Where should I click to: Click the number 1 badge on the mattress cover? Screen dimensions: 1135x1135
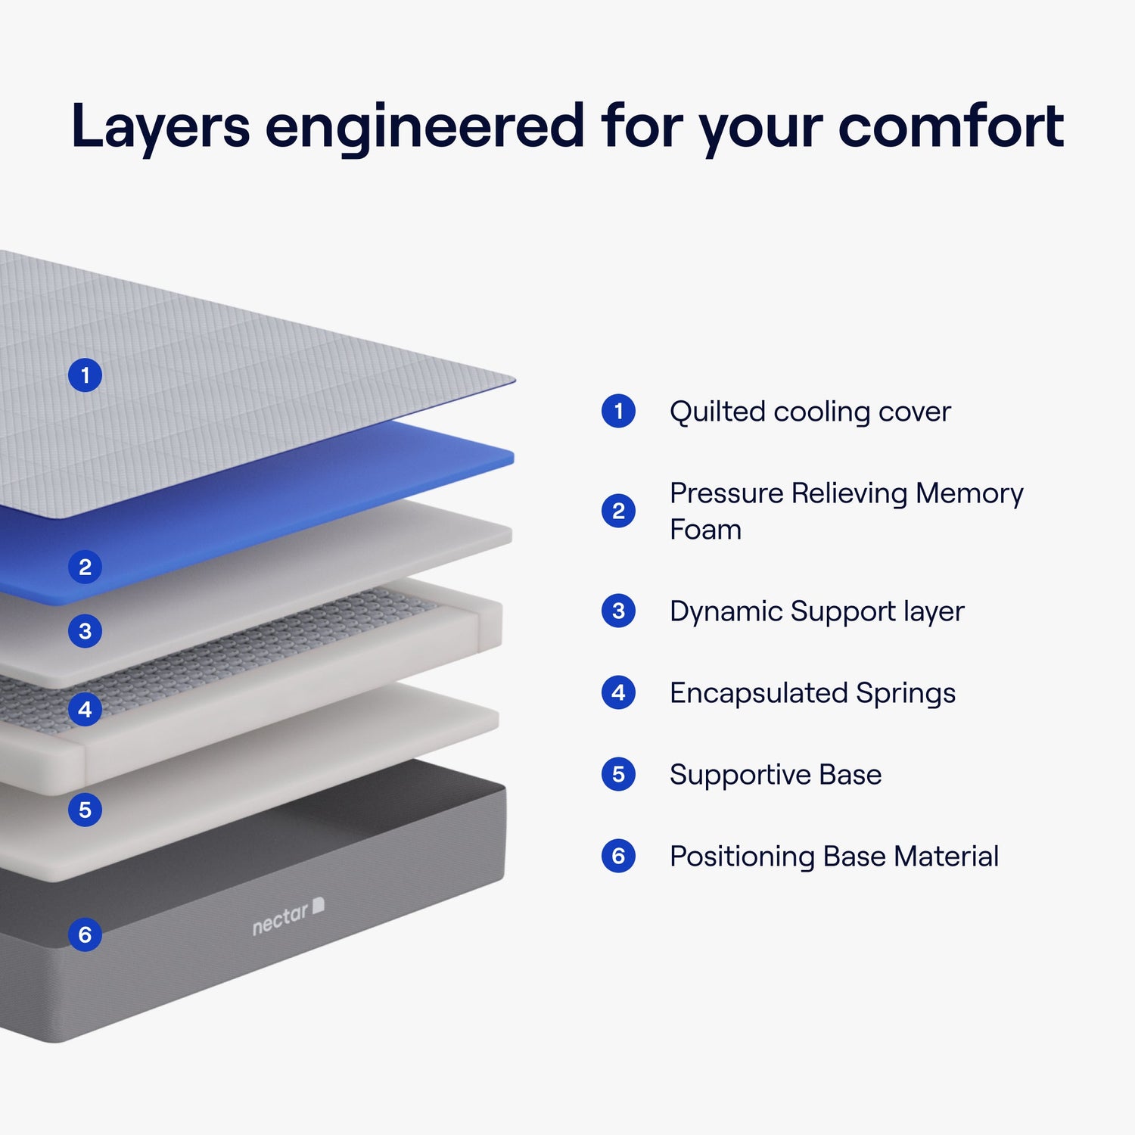pos(85,375)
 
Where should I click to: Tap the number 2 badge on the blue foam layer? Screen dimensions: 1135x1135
pos(85,567)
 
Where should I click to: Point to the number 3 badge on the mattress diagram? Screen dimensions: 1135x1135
pos(85,631)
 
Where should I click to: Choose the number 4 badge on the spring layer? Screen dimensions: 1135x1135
pos(85,710)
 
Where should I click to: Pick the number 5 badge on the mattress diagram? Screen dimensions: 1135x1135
pos(85,810)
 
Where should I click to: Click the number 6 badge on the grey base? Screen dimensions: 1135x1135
pos(85,934)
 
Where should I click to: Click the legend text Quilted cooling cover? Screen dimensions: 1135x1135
pos(810,412)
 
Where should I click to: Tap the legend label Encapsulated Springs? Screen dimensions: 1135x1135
pos(812,693)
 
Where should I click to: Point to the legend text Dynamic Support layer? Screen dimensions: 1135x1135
pos(816,611)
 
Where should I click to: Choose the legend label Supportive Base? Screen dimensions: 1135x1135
pos(776,775)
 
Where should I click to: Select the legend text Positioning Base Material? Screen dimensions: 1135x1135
pos(834,857)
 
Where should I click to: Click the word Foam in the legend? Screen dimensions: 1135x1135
pos(705,530)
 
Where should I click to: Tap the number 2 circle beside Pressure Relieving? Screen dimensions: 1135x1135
pos(618,512)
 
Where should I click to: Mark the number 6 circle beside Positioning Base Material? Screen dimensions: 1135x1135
pos(618,856)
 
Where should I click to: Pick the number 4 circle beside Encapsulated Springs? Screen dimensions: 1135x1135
pos(618,692)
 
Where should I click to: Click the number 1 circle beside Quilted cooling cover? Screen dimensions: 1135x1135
pos(618,412)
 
